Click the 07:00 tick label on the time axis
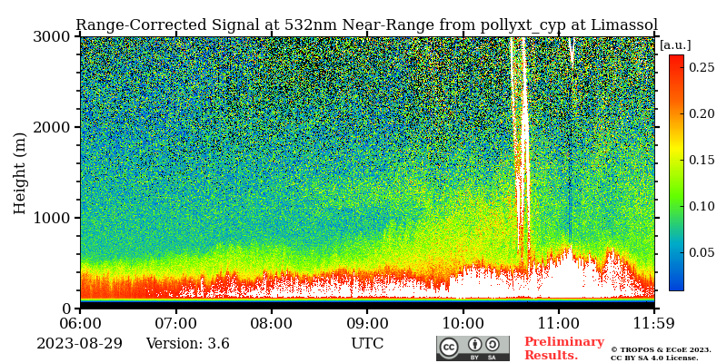coord(175,322)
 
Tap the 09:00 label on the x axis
coord(367,322)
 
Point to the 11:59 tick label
coord(654,322)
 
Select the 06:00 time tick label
coord(80,322)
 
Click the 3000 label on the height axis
coord(51,36)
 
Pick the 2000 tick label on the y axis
coord(51,127)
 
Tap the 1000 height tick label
coord(51,218)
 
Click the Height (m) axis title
coord(21,172)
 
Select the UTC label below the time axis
coord(367,344)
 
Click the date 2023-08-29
coord(79,344)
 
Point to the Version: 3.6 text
coord(187,344)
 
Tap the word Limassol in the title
coord(625,25)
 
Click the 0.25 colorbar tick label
coord(702,67)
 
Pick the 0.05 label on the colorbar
coord(702,252)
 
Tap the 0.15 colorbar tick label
coord(702,160)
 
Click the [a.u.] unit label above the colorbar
coord(675,44)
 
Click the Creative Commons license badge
coord(473,348)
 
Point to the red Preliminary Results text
coord(563,348)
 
